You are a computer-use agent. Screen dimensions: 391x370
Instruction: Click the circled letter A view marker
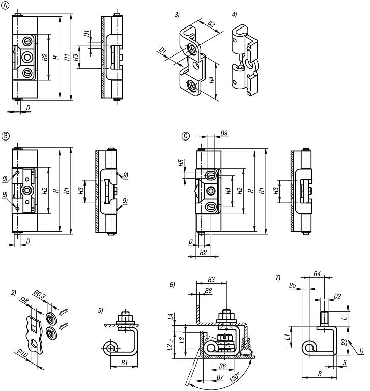click(6, 6)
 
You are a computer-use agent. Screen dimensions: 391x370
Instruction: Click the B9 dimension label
click(224, 134)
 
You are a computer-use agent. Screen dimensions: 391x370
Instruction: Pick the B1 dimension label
click(124, 364)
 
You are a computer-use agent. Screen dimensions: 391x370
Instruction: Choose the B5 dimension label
click(293, 285)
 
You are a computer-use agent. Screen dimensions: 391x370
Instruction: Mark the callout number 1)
click(361, 351)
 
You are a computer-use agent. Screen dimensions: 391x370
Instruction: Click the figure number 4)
click(234, 15)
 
